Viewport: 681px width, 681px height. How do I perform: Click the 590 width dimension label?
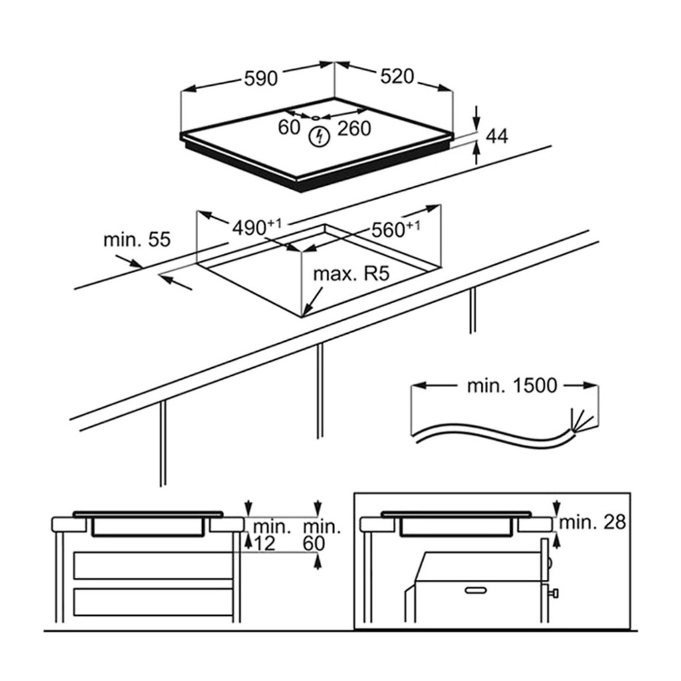pyautogui.click(x=260, y=78)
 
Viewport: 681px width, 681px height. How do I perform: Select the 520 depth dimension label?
pyautogui.click(x=397, y=77)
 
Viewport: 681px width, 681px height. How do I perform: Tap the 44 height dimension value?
pyautogui.click(x=497, y=136)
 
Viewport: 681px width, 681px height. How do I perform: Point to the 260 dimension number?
pyautogui.click(x=354, y=128)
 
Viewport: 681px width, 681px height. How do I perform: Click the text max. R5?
pyautogui.click(x=350, y=274)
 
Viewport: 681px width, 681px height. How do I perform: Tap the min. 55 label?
pyautogui.click(x=137, y=239)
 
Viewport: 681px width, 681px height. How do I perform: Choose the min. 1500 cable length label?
pyautogui.click(x=511, y=385)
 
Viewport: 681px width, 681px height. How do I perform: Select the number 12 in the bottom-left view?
pyautogui.click(x=264, y=543)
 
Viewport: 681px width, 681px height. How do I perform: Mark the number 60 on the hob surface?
pyautogui.click(x=289, y=127)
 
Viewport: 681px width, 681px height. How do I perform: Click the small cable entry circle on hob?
pyautogui.click(x=315, y=118)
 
